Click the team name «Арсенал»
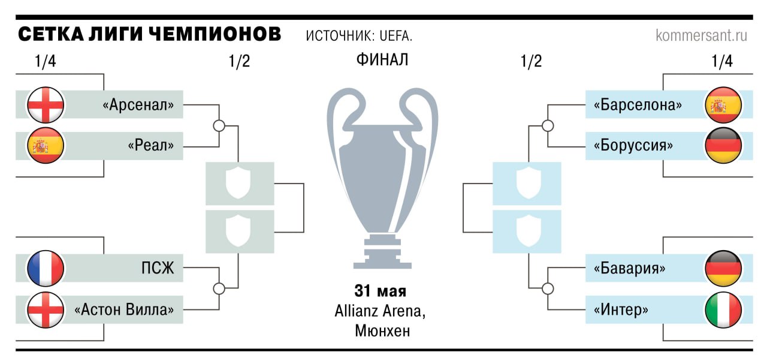[x=138, y=105]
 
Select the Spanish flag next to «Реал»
[x=46, y=146]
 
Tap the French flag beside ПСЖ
[x=46, y=269]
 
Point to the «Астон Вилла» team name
[x=124, y=309]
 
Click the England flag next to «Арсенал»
[x=46, y=105]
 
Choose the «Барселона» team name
[x=638, y=105]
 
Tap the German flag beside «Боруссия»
[x=723, y=146]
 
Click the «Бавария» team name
[x=629, y=269]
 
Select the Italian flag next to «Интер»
[x=723, y=309]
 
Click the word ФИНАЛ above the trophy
[x=382, y=59]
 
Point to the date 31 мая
[x=381, y=291]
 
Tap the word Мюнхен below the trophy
[x=382, y=331]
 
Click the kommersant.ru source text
[x=701, y=35]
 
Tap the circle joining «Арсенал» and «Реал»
[x=219, y=126]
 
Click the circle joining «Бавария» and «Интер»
[x=548, y=288]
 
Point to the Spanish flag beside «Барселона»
[x=723, y=105]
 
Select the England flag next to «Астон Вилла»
[x=46, y=309]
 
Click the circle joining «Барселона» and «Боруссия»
[x=548, y=126]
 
